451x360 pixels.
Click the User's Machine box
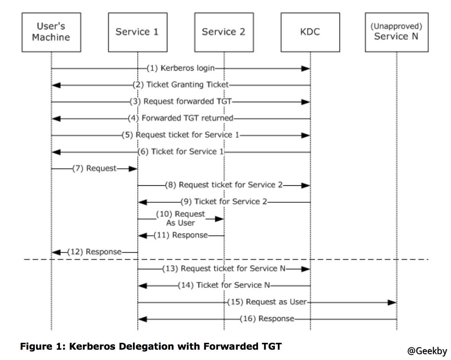coord(51,32)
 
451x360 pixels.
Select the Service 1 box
coord(137,32)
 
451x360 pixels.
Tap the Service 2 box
coord(224,32)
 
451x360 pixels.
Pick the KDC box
coord(310,32)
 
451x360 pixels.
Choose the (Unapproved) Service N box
coord(396,32)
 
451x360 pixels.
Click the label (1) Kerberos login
coord(181,68)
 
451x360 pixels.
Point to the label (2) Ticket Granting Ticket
coord(181,85)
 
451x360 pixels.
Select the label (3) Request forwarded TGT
coord(181,102)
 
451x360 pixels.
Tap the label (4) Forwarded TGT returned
coord(181,118)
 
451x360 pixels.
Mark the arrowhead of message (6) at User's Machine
coord(56,152)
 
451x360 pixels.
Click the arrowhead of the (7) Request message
coord(133,169)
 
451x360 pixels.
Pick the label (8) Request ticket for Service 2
coord(224,185)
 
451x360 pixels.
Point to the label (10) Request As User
coord(180,218)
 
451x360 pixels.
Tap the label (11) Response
coord(181,235)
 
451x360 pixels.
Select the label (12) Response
coord(94,252)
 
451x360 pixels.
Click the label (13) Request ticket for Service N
coord(224,269)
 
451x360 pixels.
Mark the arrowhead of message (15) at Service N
coord(392,302)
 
